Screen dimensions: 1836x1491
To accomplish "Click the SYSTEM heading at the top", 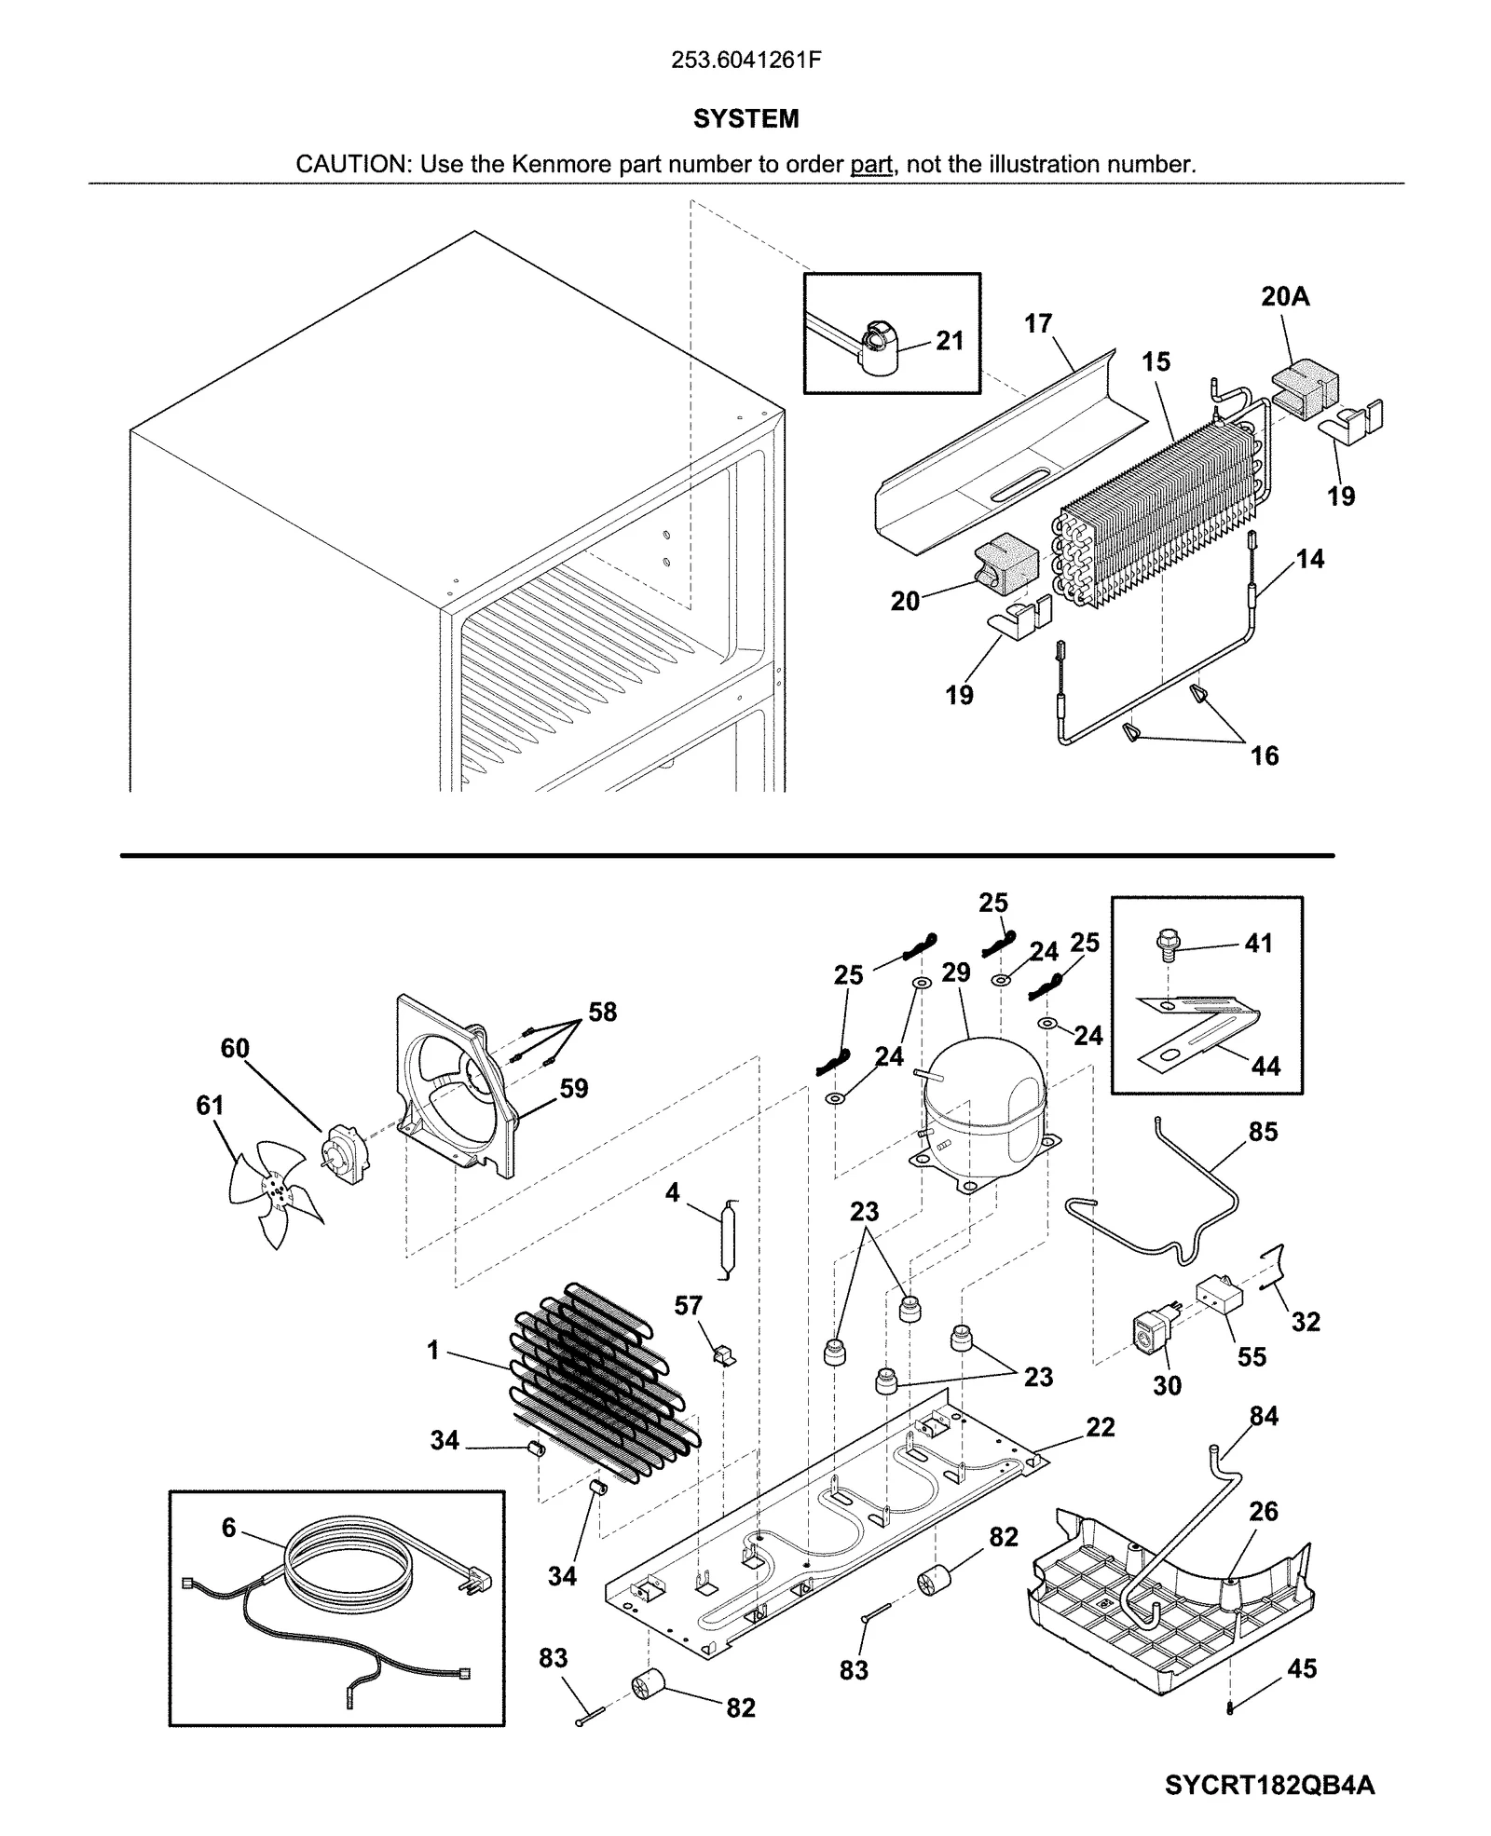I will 745,119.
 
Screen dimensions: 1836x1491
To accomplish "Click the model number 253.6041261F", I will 745,61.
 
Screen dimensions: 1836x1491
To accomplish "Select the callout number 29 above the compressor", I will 955,972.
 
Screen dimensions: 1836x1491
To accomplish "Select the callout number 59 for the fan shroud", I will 573,1088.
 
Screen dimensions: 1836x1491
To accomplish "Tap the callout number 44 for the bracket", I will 1265,1066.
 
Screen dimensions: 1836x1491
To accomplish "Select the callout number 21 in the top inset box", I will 949,341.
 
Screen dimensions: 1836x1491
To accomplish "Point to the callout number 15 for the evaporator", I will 1156,361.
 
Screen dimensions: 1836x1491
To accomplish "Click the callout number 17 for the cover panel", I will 1037,323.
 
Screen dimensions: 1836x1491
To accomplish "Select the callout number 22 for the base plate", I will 1100,1427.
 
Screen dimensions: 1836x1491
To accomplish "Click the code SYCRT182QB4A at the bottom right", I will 1268,1785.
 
